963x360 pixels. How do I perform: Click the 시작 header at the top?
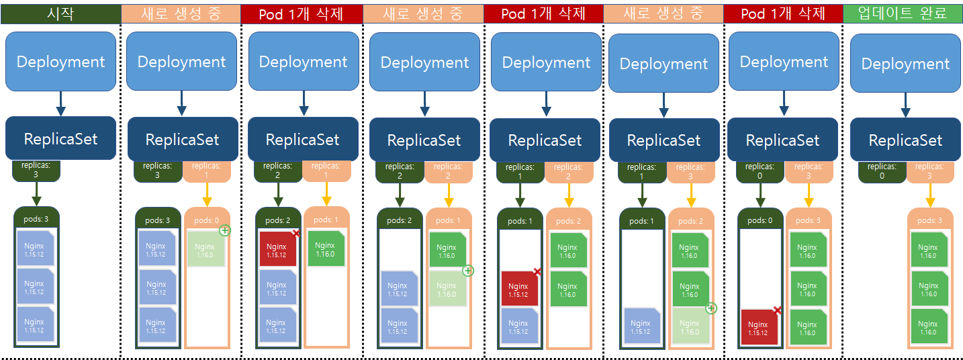click(x=60, y=13)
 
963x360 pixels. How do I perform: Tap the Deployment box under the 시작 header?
click(x=60, y=62)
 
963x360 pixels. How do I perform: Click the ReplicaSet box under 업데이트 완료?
click(x=905, y=140)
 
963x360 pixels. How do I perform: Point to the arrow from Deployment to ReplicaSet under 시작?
click(x=60, y=103)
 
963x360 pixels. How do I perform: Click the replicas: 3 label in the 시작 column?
click(x=36, y=170)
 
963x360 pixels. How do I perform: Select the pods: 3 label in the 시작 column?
click(x=36, y=219)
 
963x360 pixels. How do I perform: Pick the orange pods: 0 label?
click(x=207, y=220)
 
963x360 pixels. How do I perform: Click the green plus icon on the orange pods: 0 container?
click(x=225, y=230)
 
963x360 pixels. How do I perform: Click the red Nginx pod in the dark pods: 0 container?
click(x=758, y=328)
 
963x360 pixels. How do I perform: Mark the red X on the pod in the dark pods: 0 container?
click(x=777, y=310)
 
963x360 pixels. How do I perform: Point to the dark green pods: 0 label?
click(x=760, y=220)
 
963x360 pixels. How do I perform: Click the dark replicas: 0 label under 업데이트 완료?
click(x=882, y=171)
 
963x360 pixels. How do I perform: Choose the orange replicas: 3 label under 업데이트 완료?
click(x=929, y=171)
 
